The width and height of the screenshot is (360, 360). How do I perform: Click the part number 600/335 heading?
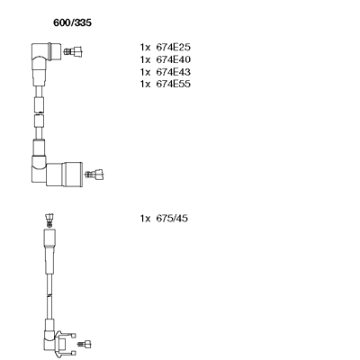pos(72,22)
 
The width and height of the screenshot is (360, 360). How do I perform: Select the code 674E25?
pos(173,48)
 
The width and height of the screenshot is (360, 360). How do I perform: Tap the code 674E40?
pos(173,59)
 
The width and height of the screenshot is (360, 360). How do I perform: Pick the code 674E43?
pos(173,72)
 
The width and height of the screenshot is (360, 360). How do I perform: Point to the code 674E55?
pos(173,84)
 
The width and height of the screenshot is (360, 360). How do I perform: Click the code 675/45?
pos(172,219)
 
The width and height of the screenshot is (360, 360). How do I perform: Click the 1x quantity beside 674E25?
pos(145,48)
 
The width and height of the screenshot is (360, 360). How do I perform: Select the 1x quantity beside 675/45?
pos(145,219)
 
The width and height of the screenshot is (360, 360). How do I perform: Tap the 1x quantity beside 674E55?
pos(145,84)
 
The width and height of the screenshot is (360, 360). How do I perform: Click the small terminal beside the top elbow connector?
pos(73,51)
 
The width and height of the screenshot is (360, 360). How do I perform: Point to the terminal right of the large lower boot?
pos(94,174)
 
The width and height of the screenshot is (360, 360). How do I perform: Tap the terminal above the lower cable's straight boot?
pos(49,220)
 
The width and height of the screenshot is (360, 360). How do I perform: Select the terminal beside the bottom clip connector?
pos(85,344)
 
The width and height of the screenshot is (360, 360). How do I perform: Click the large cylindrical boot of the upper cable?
pos(65,174)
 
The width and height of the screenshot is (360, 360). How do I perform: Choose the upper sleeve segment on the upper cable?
pos(39,104)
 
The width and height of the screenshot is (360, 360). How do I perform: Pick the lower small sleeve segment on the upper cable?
pos(39,121)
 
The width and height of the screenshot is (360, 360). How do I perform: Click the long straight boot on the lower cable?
pos(49,251)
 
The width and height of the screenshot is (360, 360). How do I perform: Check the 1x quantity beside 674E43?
pos(145,72)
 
